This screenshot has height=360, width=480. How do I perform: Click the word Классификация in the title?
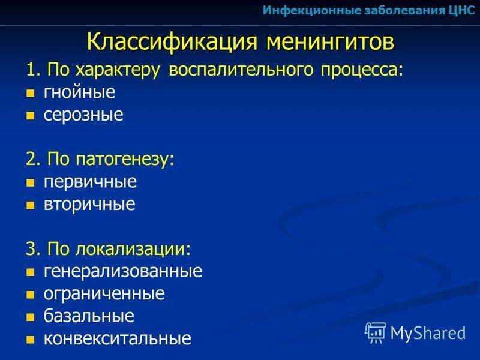[172, 41]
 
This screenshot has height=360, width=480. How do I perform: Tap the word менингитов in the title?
[330, 42]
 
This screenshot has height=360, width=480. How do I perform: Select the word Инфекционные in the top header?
[311, 11]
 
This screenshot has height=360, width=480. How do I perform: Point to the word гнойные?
[80, 92]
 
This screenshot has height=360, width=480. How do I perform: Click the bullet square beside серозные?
[31, 116]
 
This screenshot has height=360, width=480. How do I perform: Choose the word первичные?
[90, 182]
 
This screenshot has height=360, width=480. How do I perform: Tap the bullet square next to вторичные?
[31, 205]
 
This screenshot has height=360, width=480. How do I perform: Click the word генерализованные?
[123, 271]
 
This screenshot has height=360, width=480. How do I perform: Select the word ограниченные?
[104, 294]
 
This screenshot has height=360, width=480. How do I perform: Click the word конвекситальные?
[118, 338]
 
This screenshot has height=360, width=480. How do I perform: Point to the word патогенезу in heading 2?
[125, 160]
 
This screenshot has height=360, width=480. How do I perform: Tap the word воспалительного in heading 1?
[241, 70]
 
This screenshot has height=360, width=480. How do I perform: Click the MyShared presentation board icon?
[376, 333]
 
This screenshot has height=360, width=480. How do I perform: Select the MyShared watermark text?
[428, 333]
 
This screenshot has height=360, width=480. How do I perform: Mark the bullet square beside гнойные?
[31, 94]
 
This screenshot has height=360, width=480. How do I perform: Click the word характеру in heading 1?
[118, 70]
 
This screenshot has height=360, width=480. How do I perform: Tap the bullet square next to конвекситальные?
[31, 340]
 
